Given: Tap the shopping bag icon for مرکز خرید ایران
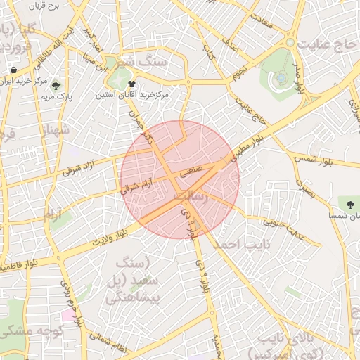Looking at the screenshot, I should [x=14, y=70].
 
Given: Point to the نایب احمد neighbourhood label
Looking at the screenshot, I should [x=241, y=244].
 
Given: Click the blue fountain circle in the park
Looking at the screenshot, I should [x=281, y=76].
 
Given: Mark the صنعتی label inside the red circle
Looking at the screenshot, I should [x=192, y=171].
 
